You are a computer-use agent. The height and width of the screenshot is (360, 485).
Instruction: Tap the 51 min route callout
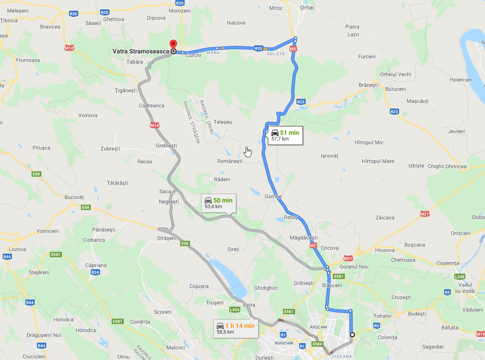pyautogui.click(x=285, y=135)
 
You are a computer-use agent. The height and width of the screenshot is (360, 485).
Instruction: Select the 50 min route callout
pyautogui.click(x=218, y=203)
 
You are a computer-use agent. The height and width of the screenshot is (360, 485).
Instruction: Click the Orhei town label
pyautogui.click(x=307, y=8)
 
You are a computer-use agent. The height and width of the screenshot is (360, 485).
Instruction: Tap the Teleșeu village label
pyautogui.click(x=223, y=122)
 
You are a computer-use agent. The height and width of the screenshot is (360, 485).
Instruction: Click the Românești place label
pyautogui.click(x=230, y=161)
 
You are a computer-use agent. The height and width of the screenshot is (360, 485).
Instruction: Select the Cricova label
pyautogui.click(x=329, y=248)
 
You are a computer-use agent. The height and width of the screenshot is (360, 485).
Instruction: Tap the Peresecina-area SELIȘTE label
pyautogui.click(x=275, y=54)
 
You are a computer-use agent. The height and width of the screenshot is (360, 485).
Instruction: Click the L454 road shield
pyautogui.click(x=235, y=309)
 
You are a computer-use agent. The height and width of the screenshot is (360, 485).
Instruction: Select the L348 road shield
pyautogui.click(x=460, y=277)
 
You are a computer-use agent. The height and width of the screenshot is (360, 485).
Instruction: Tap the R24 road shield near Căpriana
pyautogui.click(x=95, y=272)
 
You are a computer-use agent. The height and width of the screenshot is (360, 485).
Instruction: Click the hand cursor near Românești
pyautogui.click(x=248, y=152)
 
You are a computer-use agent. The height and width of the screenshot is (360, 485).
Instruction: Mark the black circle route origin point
pyautogui.click(x=352, y=335)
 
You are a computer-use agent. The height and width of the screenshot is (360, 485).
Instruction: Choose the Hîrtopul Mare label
pyautogui.click(x=378, y=161)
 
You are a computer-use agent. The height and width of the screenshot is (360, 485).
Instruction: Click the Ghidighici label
pyautogui.click(x=266, y=288)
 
